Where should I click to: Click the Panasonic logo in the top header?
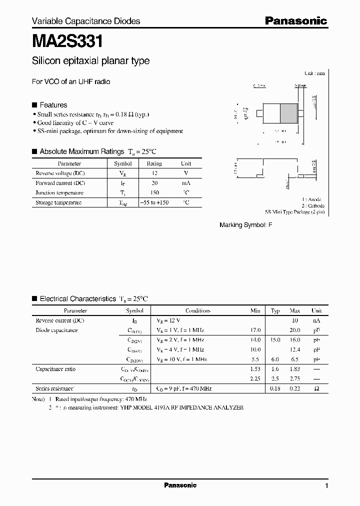click(x=295, y=20)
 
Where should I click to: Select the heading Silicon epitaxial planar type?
click(x=90, y=61)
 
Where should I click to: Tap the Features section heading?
click(x=53, y=105)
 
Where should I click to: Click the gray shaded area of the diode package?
click(x=287, y=112)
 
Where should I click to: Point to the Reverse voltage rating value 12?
click(x=154, y=173)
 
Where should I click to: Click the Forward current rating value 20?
click(x=154, y=183)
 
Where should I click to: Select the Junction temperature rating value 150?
click(x=154, y=192)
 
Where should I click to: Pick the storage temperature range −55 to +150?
click(x=154, y=202)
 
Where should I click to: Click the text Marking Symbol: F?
click(x=246, y=225)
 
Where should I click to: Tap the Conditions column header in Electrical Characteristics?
click(x=198, y=310)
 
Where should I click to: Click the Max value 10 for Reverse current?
click(x=294, y=320)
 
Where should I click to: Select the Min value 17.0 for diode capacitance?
click(x=255, y=330)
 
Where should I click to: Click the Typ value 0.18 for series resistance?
click(x=275, y=388)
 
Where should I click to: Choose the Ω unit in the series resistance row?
click(x=316, y=388)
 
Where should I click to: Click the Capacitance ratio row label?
click(x=55, y=369)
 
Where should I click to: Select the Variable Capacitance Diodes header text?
click(x=86, y=21)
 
